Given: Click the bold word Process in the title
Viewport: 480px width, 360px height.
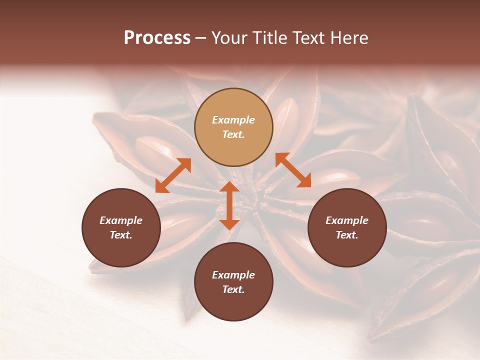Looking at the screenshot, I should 157,38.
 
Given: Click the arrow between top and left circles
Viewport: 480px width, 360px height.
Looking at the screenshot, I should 173,175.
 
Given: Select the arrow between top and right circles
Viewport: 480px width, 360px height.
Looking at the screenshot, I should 293,170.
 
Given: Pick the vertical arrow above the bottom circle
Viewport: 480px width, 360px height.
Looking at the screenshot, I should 229,205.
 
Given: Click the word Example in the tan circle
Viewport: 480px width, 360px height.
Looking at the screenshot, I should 233,120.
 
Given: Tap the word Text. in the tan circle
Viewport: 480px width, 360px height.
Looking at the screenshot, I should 233,134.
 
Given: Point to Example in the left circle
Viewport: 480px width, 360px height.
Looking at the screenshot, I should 121,220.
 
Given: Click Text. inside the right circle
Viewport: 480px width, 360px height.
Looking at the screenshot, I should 347,235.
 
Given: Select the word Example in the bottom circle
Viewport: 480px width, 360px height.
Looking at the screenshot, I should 233,275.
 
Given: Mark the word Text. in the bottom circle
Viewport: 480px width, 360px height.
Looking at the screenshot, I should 233,289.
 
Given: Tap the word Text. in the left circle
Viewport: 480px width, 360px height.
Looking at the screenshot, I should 121,235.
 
